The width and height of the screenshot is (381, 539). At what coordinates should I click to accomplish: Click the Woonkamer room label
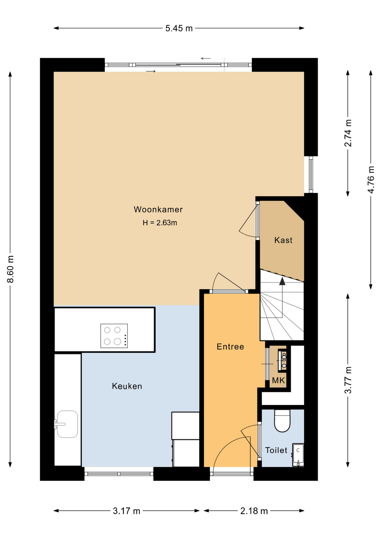coord(158,209)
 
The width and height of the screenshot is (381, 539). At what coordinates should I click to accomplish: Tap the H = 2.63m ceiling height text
coord(160,223)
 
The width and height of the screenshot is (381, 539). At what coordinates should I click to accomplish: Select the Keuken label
coord(127,386)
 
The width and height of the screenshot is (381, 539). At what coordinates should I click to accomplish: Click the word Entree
coord(230,347)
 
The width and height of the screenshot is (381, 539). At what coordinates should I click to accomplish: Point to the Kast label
coord(283,240)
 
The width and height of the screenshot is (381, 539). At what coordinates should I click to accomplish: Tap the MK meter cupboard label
coord(279,380)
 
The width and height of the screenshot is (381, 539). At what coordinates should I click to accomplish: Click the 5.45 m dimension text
coord(179,28)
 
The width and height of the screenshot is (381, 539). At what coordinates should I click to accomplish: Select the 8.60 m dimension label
coord(11,269)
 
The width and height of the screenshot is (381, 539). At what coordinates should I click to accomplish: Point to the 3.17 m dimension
coord(127,511)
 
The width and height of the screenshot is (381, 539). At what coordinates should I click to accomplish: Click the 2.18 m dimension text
coord(254,511)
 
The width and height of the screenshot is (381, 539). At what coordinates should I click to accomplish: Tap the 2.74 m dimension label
coord(348,133)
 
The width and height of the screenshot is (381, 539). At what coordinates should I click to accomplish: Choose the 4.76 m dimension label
coord(371,180)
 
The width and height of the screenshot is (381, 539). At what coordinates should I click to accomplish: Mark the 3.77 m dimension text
coord(348,380)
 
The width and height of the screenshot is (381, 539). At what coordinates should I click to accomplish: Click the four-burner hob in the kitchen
coord(114,336)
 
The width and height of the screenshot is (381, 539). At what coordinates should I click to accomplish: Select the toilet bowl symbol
coord(282,421)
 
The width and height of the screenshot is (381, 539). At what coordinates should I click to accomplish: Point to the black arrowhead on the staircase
coord(282,281)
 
